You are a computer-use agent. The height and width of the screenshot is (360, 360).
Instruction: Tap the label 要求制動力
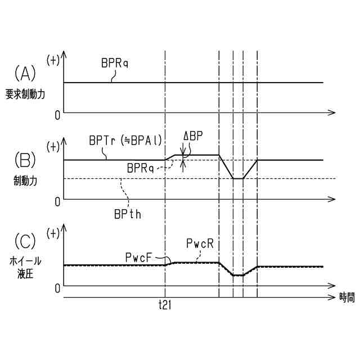pyautogui.click(x=25, y=94)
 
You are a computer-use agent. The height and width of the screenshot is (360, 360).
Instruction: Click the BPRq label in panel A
pyautogui.click(x=115, y=64)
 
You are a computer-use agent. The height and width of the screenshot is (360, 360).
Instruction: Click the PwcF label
pyautogui.click(x=138, y=256)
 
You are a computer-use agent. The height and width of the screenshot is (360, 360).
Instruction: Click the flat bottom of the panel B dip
pyautogui.click(x=238, y=178)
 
